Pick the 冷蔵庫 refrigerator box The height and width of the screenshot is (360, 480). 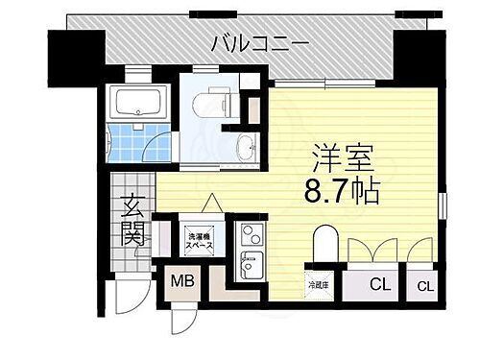tap(318, 283)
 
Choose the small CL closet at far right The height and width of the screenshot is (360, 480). tap(424, 285)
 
